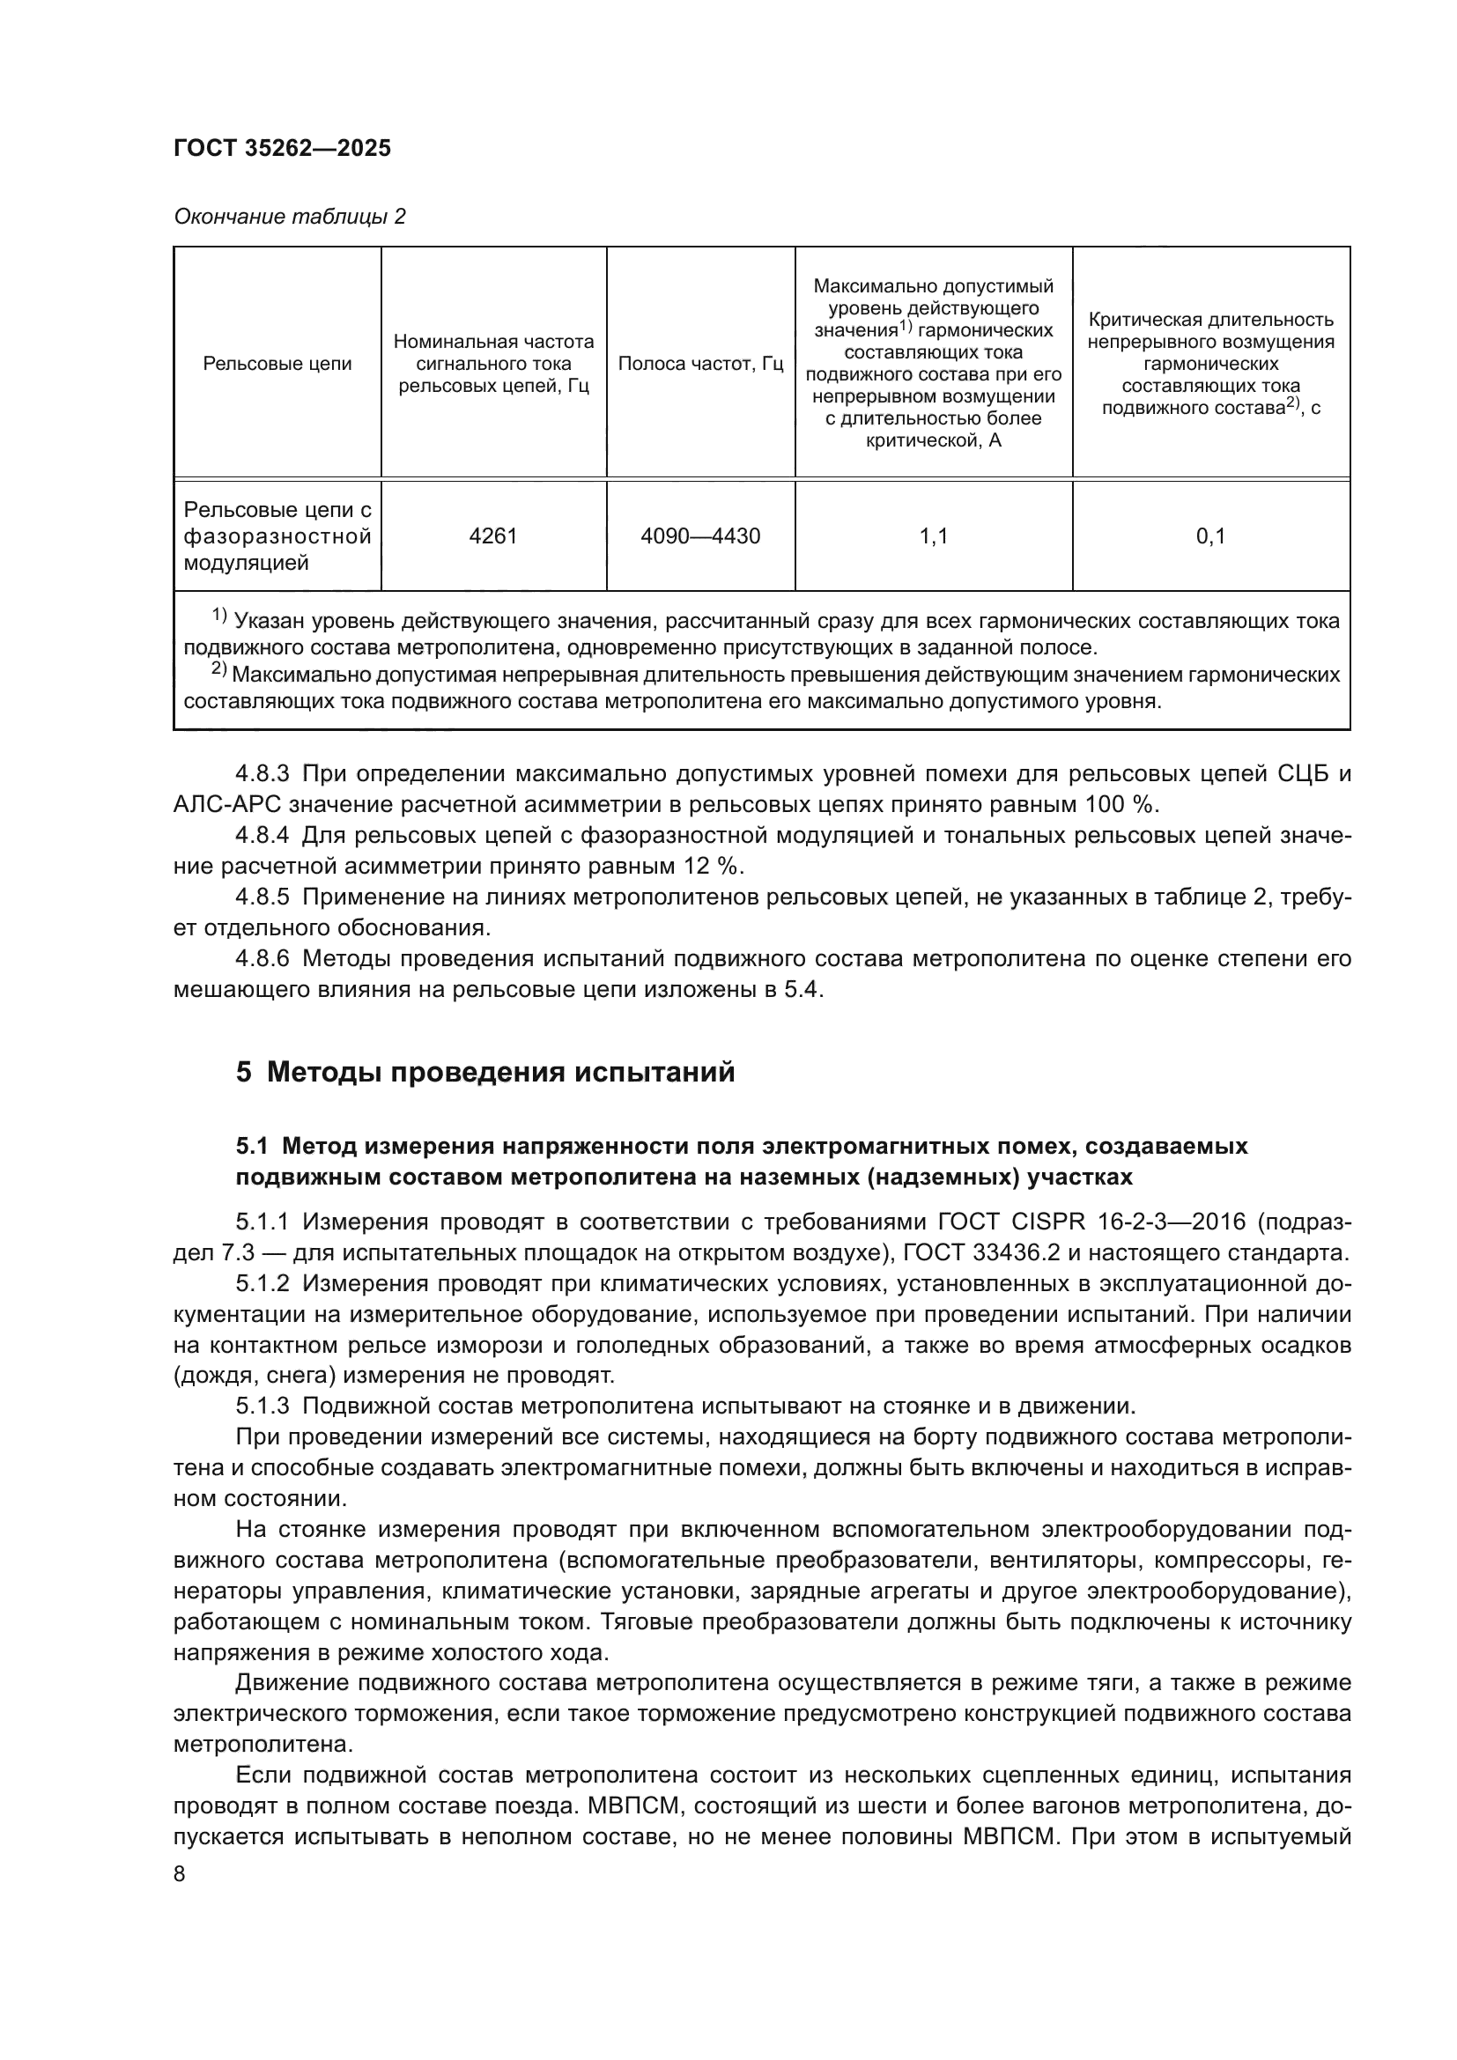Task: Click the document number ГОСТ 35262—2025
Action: pyautogui.click(x=282, y=149)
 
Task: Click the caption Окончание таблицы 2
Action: pyautogui.click(x=289, y=218)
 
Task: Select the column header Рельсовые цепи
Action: pyautogui.click(x=277, y=364)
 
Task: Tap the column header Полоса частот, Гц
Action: pyautogui.click(x=699, y=364)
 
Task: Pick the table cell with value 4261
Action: pyautogui.click(x=492, y=536)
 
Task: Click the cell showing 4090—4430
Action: pyautogui.click(x=699, y=536)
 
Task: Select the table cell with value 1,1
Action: pyautogui.click(x=933, y=536)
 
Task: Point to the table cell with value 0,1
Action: pyautogui.click(x=1210, y=536)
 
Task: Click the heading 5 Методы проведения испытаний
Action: pyautogui.click(x=485, y=1071)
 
